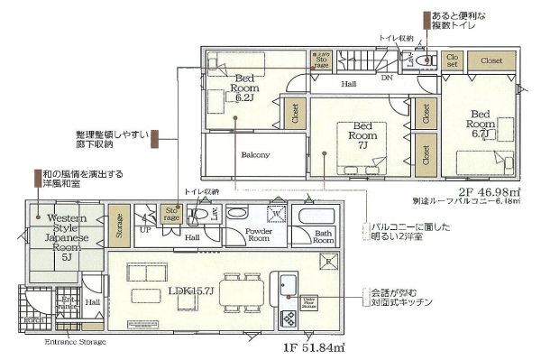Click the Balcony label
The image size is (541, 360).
(x=255, y=154)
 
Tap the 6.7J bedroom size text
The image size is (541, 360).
(x=479, y=134)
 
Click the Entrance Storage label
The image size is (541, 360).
(x=75, y=342)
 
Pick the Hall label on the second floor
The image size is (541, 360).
(x=347, y=84)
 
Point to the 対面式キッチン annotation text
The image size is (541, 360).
(x=399, y=304)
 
